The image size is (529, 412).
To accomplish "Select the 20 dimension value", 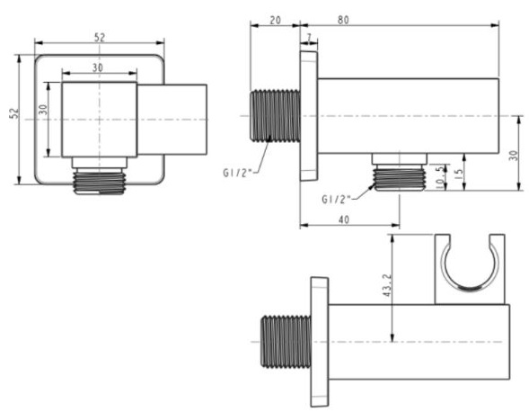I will click(274, 18).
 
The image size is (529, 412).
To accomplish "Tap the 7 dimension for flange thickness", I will click(309, 37).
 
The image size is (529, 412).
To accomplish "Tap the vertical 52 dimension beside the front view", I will click(14, 116).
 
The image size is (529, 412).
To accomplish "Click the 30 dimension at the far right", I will click(513, 154).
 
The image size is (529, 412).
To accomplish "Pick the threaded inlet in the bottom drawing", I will click(285, 341).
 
